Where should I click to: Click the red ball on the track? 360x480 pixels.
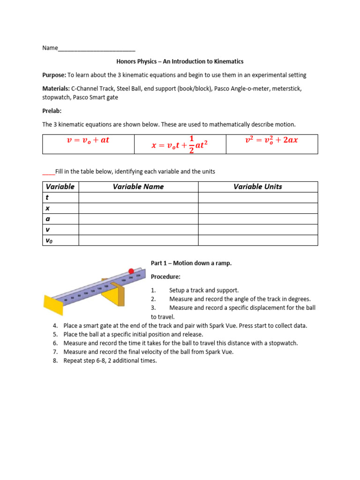tap(132, 271)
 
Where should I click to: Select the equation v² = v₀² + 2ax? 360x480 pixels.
tap(271, 140)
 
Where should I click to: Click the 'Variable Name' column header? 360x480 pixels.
tap(138, 187)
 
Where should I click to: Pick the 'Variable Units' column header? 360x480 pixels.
tap(258, 187)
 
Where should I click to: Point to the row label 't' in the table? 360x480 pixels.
tap(47, 197)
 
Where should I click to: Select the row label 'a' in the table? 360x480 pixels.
tap(47, 219)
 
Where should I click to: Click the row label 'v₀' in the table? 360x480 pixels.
tap(49, 240)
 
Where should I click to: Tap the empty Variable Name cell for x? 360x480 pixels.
tap(138, 208)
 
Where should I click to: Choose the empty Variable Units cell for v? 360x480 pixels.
tap(258, 230)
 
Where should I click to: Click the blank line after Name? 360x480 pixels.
tap(97, 48)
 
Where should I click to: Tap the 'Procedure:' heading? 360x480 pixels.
tap(165, 277)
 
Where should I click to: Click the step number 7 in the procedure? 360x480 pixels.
tap(55, 352)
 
